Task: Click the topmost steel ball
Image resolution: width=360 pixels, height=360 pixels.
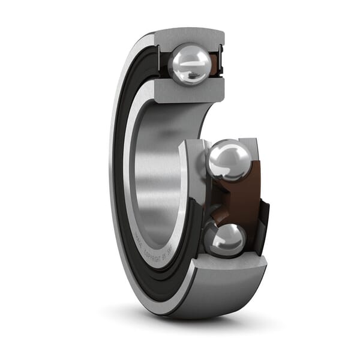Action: [190, 64]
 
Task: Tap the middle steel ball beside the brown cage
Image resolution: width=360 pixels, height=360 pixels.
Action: [229, 160]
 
